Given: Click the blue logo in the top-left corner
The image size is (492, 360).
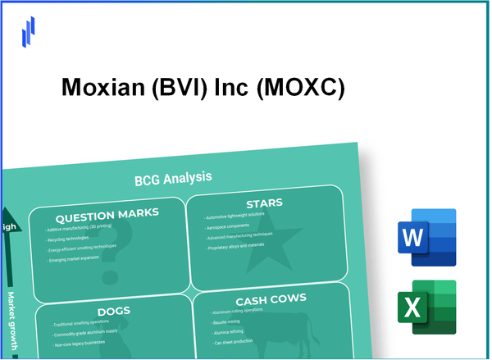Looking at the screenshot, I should click(29, 31).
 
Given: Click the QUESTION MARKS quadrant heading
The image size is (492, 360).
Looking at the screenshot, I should click(102, 213).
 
